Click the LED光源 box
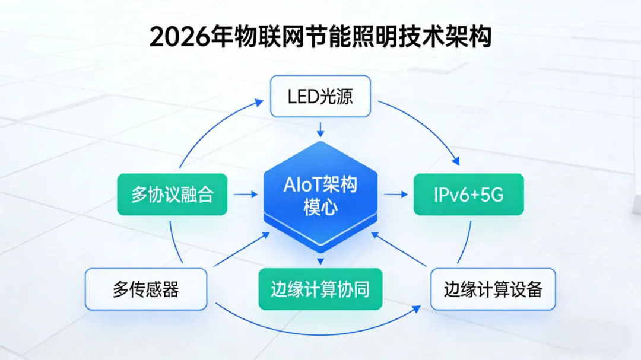(320, 96)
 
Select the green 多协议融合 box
(172, 194)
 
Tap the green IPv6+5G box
(468, 194)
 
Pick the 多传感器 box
(146, 289)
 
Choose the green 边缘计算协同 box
(320, 289)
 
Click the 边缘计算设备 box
(493, 289)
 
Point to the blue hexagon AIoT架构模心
(320, 196)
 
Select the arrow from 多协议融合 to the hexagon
(245, 194)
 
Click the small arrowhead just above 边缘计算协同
(320, 261)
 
